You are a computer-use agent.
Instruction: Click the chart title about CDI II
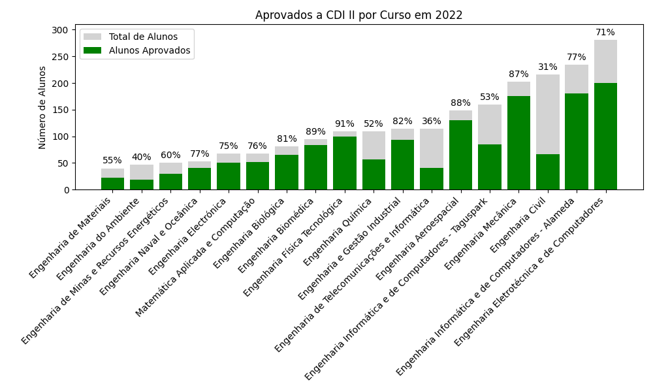(358, 15)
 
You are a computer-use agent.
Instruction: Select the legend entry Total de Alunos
(142, 37)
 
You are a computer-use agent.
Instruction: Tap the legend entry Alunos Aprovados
(149, 50)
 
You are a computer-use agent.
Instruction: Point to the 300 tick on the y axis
(59, 30)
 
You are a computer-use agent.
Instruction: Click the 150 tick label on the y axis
(59, 110)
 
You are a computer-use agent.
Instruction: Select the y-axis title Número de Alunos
(42, 107)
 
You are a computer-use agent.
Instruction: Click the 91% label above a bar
(344, 124)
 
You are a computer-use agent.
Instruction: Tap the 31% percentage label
(547, 67)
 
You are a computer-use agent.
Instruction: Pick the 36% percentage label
(431, 122)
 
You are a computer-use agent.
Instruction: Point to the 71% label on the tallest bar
(605, 33)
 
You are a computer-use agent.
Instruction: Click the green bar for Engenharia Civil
(547, 172)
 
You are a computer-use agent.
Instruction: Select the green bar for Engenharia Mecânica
(518, 142)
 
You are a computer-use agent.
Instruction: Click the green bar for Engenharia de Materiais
(112, 184)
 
